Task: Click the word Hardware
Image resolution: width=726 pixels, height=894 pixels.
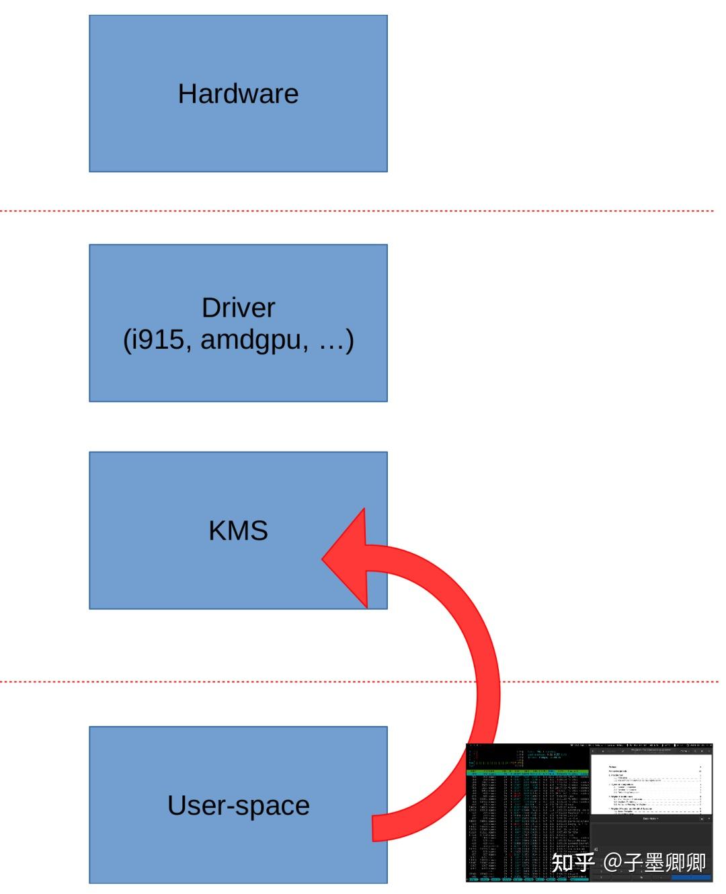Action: pos(238,93)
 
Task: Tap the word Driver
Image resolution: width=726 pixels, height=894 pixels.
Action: pos(238,308)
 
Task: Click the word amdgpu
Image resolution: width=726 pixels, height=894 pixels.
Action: pos(255,339)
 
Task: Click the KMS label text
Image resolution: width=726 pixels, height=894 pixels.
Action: pos(238,530)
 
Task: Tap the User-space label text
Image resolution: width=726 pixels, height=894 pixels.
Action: pos(238,805)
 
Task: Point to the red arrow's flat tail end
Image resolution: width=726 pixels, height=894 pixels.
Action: pos(374,827)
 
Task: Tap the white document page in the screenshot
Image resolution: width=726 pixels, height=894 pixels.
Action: pos(651,783)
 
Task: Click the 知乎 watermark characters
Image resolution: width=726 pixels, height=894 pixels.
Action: pos(573,862)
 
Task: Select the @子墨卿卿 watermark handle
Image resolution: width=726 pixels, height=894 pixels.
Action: pos(655,862)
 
